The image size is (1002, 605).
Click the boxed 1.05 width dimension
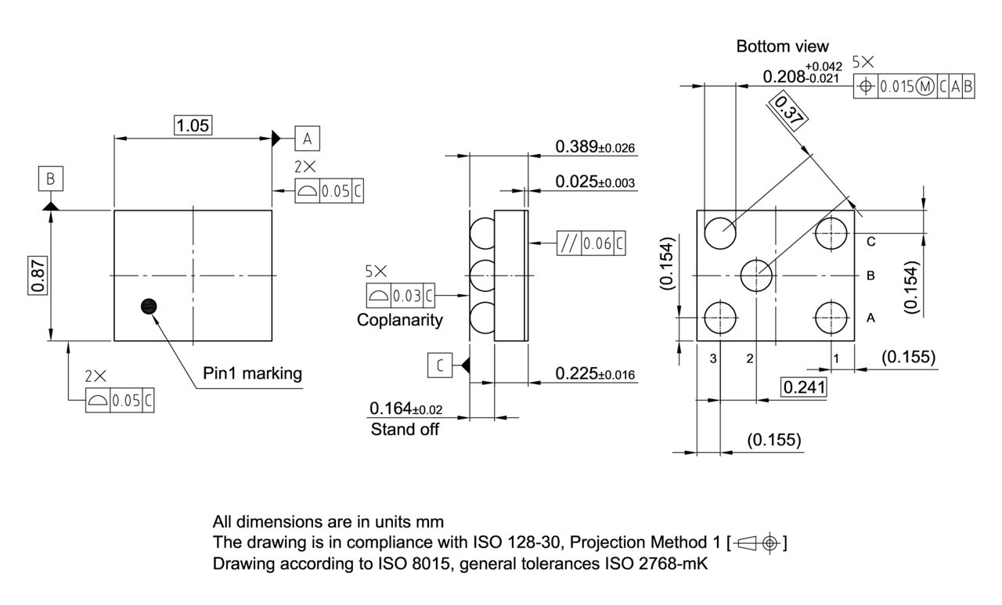[193, 125]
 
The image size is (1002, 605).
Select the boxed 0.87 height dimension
[38, 275]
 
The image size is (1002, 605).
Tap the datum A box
[307, 139]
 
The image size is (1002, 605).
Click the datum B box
[50, 179]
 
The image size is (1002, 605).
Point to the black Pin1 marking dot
[147, 307]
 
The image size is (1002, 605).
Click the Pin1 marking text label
[252, 373]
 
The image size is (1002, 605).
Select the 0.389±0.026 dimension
[594, 146]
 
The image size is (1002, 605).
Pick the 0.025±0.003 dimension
[594, 182]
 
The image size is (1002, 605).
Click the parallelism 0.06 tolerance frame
[592, 243]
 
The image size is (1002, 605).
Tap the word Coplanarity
[399, 319]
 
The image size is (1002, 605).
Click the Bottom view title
[782, 46]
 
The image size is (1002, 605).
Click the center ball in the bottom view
[756, 275]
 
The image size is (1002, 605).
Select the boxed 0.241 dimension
[803, 387]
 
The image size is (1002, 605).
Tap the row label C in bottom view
[870, 242]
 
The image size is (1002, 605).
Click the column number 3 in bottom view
[713, 358]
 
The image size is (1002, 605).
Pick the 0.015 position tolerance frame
[914, 87]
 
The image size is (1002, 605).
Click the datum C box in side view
[440, 366]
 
